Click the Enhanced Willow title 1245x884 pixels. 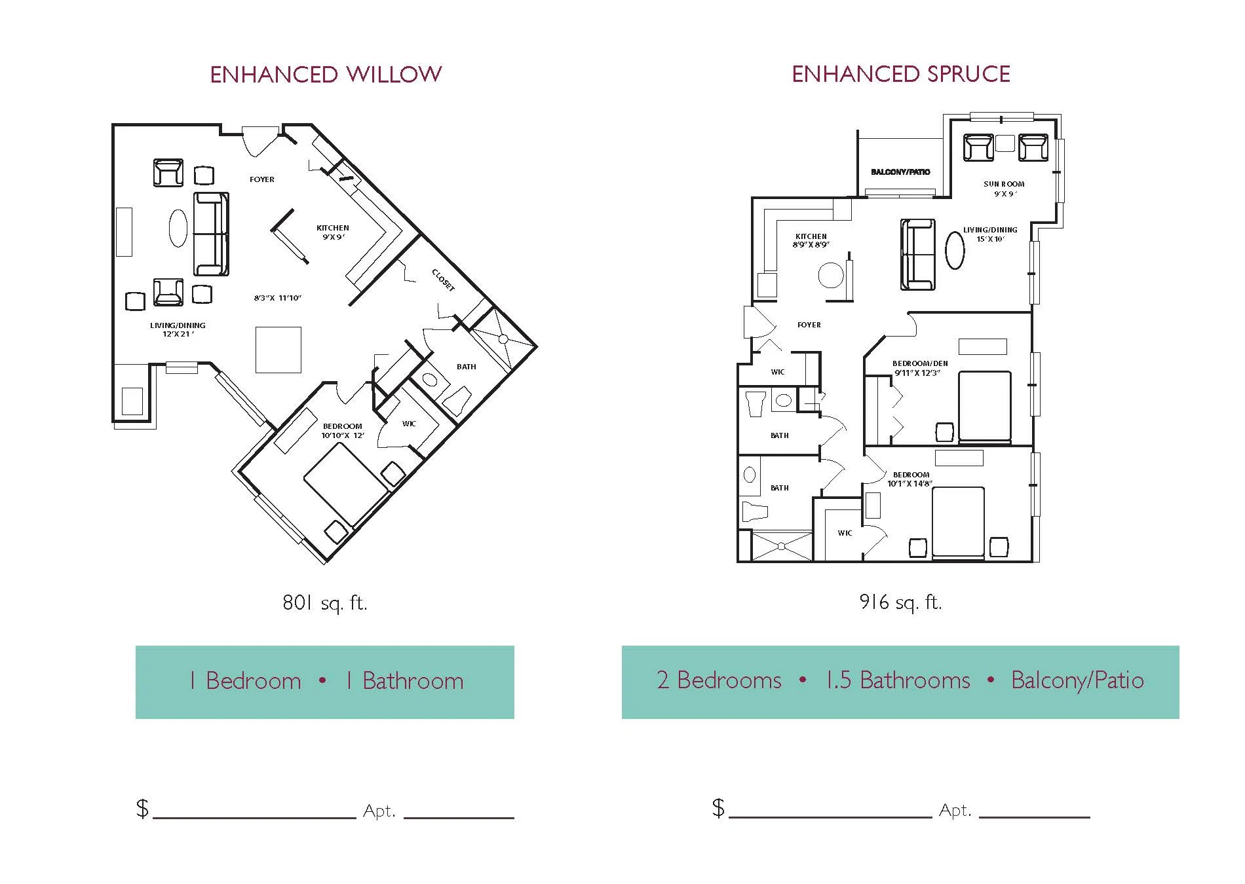point(326,75)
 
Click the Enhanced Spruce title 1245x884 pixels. point(901,74)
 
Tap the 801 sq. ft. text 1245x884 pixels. point(325,602)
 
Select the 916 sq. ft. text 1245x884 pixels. point(900,602)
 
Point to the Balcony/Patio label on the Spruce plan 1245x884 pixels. point(900,172)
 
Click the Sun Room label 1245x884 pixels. point(1004,189)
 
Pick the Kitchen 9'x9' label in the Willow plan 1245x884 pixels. point(333,232)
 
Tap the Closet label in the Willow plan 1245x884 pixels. point(444,280)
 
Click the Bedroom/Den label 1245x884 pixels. point(919,368)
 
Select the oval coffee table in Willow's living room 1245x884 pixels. point(178,228)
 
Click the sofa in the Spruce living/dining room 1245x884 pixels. point(917,255)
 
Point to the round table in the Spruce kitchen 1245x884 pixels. point(831,276)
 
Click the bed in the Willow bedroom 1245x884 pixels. point(345,485)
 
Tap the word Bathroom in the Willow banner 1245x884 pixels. point(413,681)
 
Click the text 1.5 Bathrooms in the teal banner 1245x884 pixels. point(898,680)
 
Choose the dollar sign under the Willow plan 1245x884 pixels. point(142,809)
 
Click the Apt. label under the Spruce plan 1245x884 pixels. point(955,811)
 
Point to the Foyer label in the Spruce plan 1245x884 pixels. point(809,325)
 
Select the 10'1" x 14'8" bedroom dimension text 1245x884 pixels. point(910,484)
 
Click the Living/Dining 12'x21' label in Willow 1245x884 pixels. point(178,329)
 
